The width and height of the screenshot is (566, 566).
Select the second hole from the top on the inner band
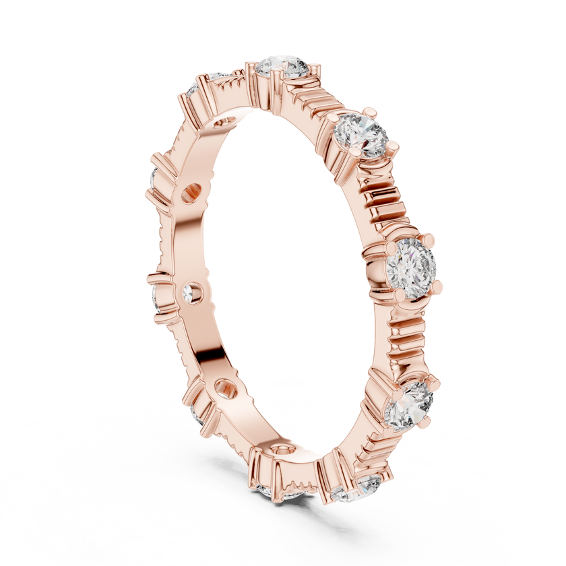click(191, 193)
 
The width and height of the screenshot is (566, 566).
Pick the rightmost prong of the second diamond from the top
click(395, 144)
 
